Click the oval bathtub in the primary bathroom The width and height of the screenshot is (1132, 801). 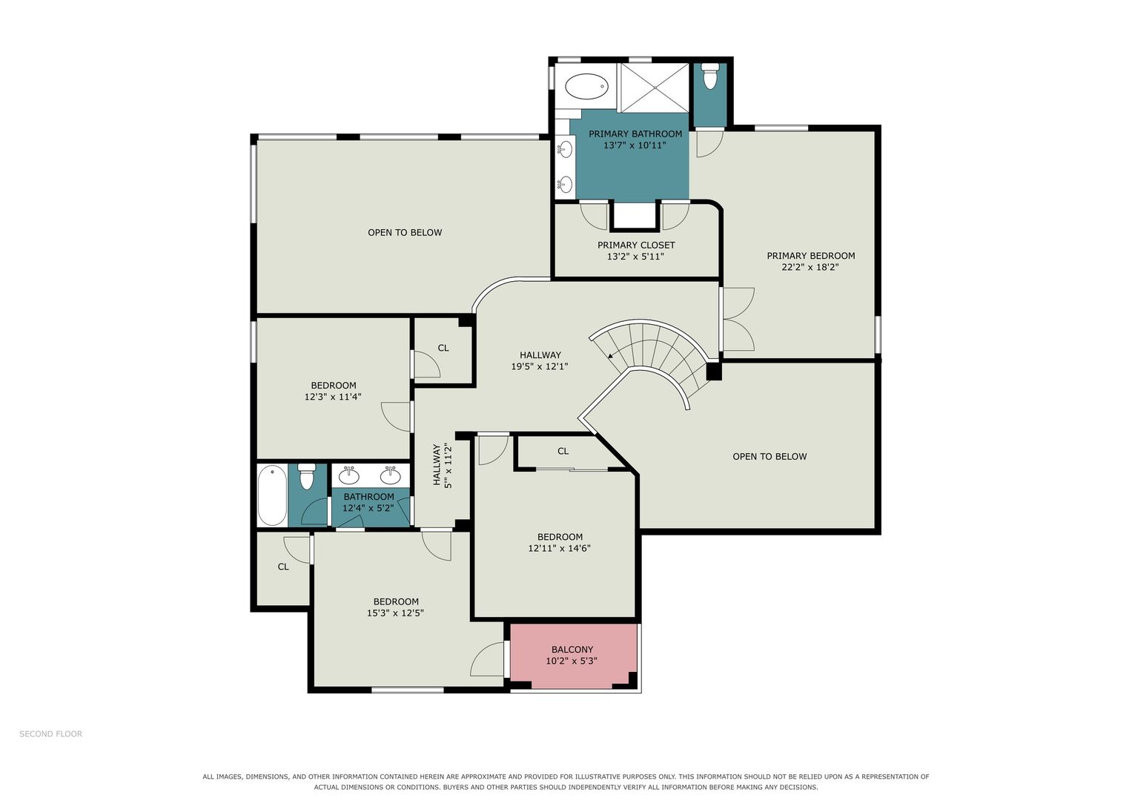point(586,87)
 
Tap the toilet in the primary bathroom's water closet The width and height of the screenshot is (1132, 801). point(710,76)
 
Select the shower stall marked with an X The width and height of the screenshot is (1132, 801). point(655,88)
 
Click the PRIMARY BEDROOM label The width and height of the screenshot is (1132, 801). point(810,256)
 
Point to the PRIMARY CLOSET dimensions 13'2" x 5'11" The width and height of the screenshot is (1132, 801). point(635,257)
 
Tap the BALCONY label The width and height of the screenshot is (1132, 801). point(572,649)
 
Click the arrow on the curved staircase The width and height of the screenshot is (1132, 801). point(610,355)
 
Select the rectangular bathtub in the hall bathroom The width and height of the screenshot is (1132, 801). point(272,495)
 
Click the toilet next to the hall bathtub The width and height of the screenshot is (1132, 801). point(306,476)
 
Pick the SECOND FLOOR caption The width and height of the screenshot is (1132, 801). point(50,734)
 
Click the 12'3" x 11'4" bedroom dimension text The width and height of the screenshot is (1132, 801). point(333,397)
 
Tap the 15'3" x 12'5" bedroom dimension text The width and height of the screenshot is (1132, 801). point(395,613)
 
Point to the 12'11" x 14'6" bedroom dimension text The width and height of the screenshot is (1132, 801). point(560,548)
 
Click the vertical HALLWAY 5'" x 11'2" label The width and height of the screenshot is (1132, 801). point(442,465)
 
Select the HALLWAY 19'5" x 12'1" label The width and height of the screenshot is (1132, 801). point(540,360)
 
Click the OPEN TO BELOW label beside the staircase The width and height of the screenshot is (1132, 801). point(769,457)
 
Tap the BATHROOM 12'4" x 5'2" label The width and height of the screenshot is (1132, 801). point(368,502)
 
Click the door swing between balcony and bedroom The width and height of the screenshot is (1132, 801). point(487,659)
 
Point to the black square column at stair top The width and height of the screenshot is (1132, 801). point(714,372)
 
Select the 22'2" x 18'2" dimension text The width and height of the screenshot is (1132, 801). point(810,267)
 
